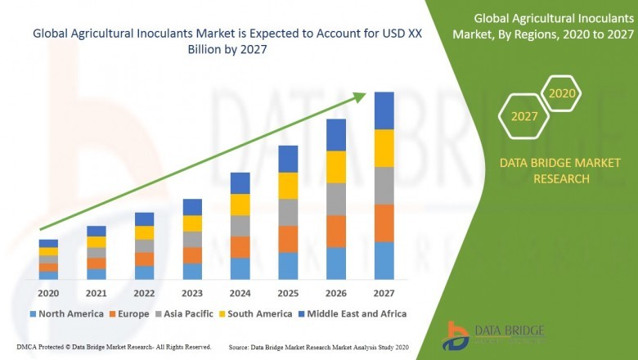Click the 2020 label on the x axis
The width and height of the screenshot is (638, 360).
point(48,293)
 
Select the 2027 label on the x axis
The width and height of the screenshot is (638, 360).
point(384,293)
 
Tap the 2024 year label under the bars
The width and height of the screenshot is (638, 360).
point(240,293)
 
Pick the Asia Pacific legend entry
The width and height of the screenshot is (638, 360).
point(188,313)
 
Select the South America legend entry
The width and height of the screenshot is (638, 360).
point(258,313)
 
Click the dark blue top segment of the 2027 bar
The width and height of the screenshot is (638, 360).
point(384,110)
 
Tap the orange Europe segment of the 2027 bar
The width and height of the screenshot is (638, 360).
point(384,223)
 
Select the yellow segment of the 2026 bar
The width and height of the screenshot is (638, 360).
point(336,167)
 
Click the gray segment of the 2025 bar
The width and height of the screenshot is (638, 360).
point(288,212)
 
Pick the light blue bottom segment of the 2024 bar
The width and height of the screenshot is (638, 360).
point(240,268)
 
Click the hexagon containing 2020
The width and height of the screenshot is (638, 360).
point(561,94)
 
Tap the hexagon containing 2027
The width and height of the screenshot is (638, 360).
point(524,116)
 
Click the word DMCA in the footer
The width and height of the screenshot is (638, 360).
point(27,348)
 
